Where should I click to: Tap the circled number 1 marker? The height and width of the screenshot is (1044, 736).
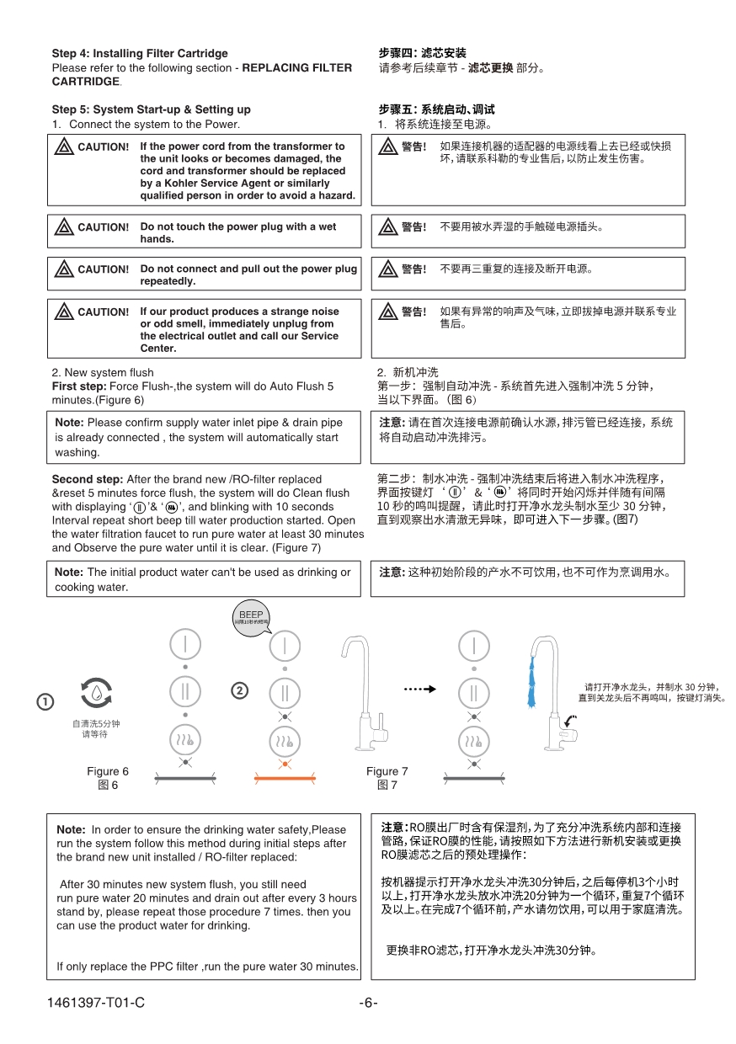(x=45, y=701)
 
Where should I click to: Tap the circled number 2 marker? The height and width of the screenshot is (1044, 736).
(x=240, y=690)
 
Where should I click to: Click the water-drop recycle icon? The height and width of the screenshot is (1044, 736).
(x=97, y=692)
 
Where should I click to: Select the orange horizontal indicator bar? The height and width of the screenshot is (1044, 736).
(x=285, y=780)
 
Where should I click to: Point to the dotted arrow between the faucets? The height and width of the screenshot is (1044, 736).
(x=419, y=689)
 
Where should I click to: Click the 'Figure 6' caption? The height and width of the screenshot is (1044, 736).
(x=108, y=771)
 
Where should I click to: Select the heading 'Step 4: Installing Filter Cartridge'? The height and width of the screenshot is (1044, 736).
(x=140, y=53)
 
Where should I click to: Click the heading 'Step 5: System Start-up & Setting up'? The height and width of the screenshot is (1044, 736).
(x=151, y=109)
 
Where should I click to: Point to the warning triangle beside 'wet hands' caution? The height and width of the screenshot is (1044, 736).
(x=64, y=227)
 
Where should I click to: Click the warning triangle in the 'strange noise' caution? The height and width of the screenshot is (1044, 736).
(x=64, y=312)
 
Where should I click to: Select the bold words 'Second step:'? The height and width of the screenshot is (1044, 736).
(x=88, y=479)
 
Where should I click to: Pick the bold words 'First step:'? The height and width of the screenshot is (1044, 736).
(x=79, y=386)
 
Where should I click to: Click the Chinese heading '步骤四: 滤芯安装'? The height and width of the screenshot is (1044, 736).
(x=423, y=53)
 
